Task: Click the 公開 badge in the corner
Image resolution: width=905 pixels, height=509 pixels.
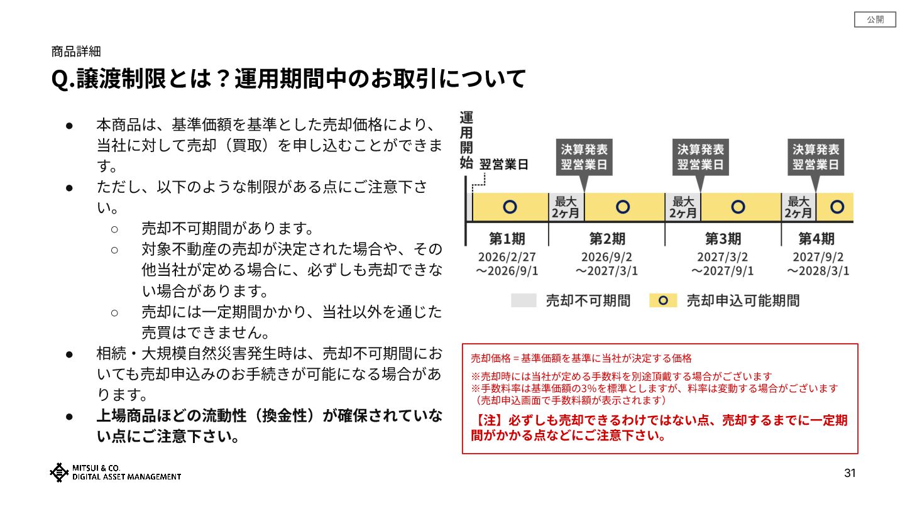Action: (x=875, y=19)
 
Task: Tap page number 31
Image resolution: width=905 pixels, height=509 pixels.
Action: (x=850, y=473)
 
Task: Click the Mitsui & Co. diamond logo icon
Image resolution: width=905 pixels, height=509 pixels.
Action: (x=59, y=472)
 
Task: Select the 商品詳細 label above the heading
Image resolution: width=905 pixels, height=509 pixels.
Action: (x=75, y=52)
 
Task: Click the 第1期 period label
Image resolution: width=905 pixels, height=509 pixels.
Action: (x=507, y=239)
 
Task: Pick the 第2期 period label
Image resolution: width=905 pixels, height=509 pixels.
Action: (x=606, y=239)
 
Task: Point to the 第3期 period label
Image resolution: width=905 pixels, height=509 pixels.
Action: (x=723, y=239)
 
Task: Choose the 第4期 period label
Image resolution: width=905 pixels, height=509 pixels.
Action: (x=816, y=239)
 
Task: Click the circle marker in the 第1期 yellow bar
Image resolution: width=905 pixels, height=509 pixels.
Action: (x=510, y=207)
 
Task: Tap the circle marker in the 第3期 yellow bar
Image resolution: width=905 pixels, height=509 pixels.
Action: (x=738, y=207)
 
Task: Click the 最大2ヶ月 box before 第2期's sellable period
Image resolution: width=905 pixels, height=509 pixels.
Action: (x=566, y=207)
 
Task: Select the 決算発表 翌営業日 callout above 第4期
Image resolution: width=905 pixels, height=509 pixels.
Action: (x=816, y=157)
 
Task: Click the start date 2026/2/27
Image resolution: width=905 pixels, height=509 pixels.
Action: (x=507, y=257)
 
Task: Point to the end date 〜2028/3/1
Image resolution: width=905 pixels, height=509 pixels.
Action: (x=818, y=271)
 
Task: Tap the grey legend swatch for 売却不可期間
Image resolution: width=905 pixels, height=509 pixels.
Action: (x=523, y=300)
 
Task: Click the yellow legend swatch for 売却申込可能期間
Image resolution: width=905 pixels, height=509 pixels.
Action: (x=663, y=300)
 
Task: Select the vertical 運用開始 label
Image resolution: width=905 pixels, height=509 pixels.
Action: (x=466, y=140)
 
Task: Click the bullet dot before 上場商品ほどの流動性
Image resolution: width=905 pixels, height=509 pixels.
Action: (x=71, y=416)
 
